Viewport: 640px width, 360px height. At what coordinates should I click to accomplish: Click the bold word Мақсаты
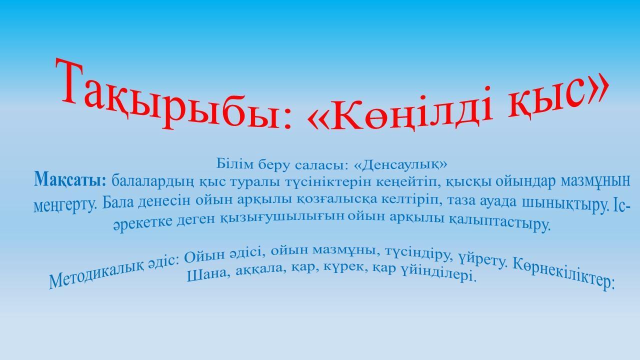pyautogui.click(x=70, y=180)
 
